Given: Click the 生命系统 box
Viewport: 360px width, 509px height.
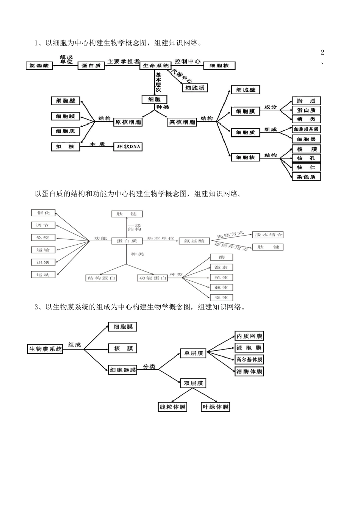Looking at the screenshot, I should [x=156, y=66].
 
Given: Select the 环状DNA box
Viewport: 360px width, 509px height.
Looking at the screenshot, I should [x=128, y=147].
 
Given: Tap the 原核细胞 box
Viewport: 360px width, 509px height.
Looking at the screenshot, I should [x=128, y=122].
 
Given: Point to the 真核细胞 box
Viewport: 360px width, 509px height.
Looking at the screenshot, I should [x=182, y=122].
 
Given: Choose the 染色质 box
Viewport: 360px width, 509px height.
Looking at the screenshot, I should [x=306, y=176].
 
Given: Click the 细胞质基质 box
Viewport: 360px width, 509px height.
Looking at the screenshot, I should [x=306, y=129].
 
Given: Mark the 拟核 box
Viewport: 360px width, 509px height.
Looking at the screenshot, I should [x=66, y=147].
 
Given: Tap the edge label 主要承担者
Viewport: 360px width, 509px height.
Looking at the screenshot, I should [x=123, y=61].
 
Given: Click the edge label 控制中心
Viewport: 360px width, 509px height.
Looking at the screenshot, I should [x=188, y=61].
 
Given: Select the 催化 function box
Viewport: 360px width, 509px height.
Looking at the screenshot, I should [x=43, y=213].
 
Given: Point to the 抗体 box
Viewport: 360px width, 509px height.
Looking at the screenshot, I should [x=221, y=278].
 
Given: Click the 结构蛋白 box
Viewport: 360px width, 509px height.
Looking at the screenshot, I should [x=101, y=278].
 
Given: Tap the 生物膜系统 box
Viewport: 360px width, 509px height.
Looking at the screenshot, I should [x=45, y=349].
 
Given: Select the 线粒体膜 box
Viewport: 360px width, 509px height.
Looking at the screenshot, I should [x=173, y=407].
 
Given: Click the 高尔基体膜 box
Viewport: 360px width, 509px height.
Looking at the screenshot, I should [x=249, y=359].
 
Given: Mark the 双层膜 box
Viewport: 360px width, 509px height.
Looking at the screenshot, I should [x=194, y=383].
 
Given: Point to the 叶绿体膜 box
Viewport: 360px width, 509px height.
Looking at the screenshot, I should [x=216, y=407].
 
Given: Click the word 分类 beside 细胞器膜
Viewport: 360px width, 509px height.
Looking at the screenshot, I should [x=149, y=367].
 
